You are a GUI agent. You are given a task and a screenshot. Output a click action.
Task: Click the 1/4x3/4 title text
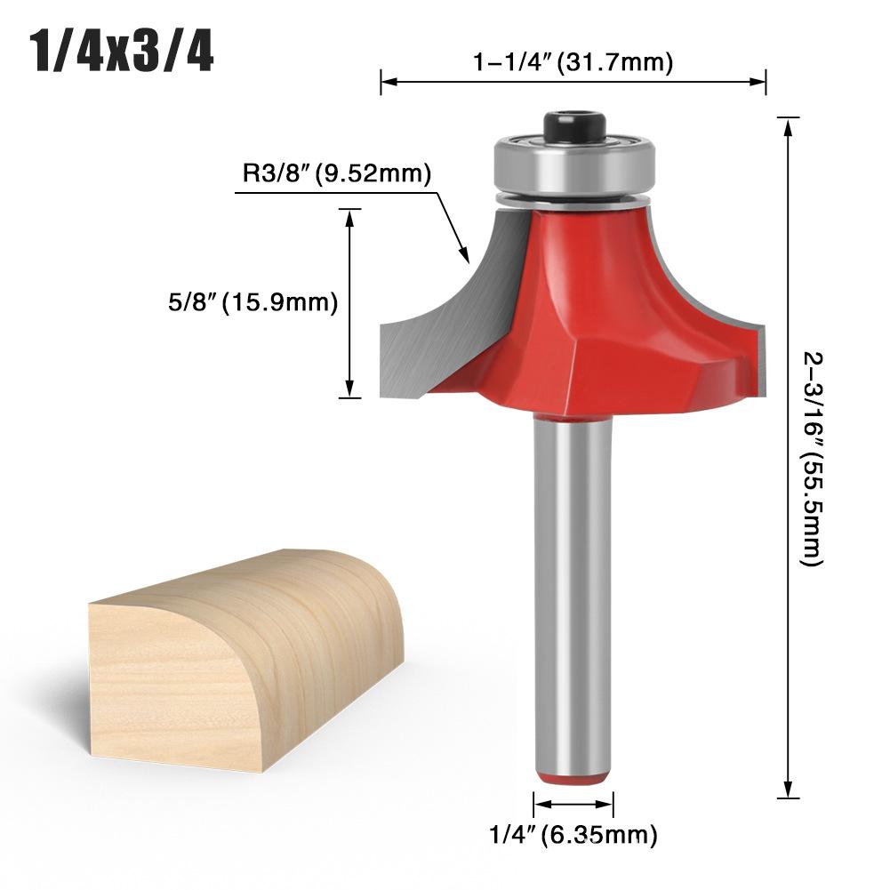pyautogui.click(x=122, y=54)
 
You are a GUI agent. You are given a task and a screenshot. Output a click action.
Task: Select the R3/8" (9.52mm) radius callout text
pyautogui.click(x=337, y=172)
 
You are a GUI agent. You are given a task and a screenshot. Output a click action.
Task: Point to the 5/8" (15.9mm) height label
pyautogui.click(x=253, y=303)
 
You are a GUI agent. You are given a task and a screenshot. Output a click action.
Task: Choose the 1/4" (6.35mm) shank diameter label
pyautogui.click(x=573, y=835)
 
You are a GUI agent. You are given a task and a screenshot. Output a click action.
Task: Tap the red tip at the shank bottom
pyautogui.click(x=573, y=776)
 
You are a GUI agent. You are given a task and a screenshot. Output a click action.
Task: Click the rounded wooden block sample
pyautogui.click(x=245, y=658)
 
